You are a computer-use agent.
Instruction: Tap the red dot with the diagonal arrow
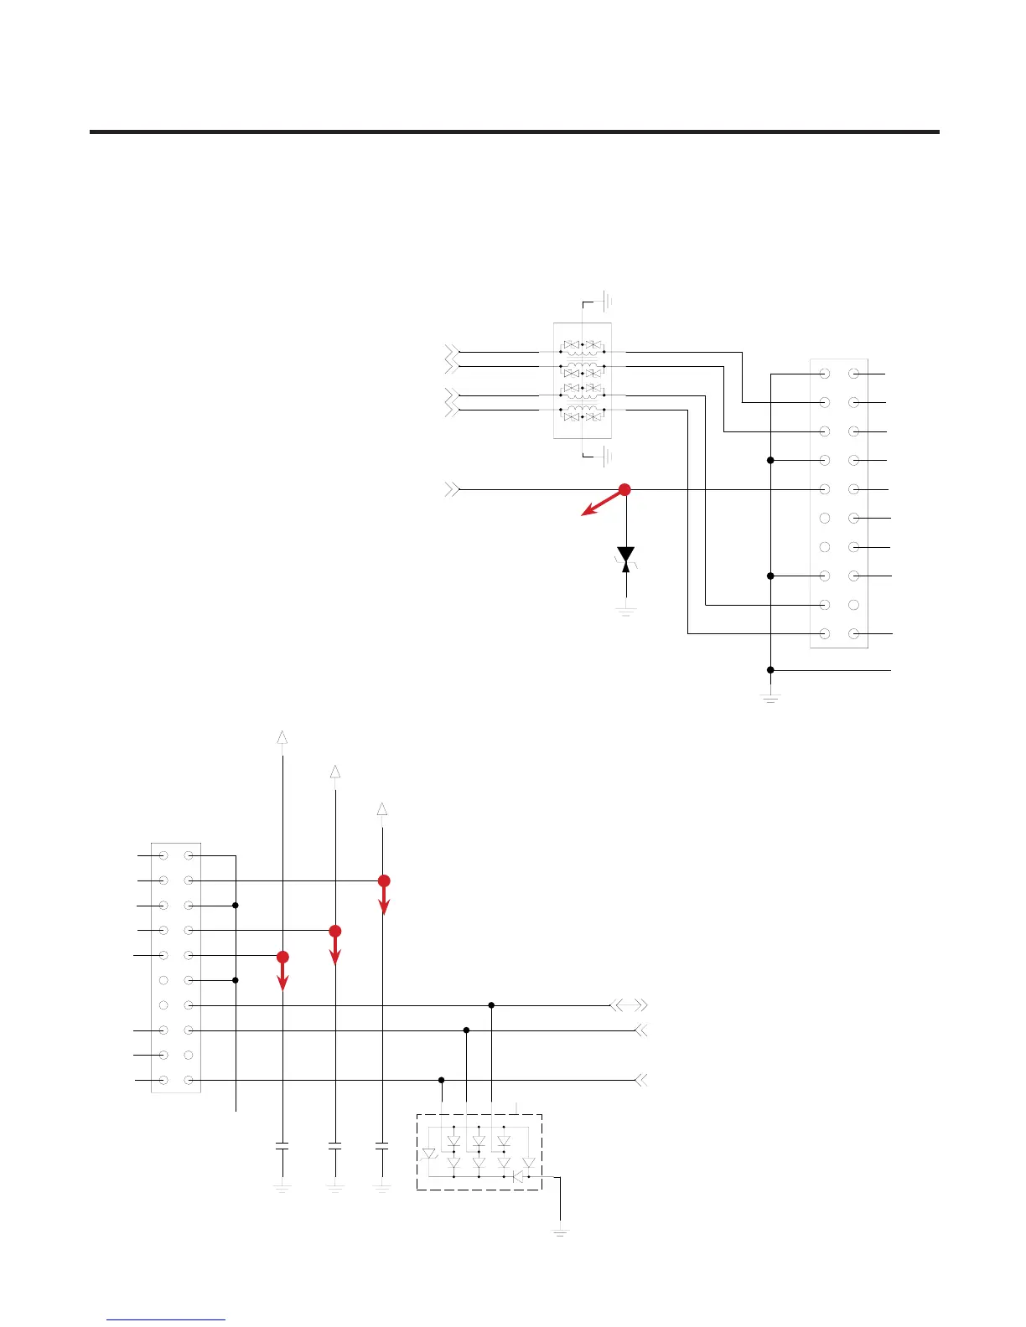tap(624, 490)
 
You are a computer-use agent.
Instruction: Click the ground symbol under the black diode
tap(625, 611)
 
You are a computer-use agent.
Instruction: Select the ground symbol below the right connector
tap(770, 696)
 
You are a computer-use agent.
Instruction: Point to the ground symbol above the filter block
tap(608, 300)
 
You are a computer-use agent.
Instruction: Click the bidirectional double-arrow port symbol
tap(630, 1004)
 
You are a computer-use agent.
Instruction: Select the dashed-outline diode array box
tap(479, 1152)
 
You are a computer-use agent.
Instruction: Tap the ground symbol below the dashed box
tap(561, 1231)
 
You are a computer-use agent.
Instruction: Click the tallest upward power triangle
tap(282, 737)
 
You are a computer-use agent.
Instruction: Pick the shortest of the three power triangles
tap(382, 809)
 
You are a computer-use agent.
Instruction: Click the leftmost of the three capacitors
tap(282, 1145)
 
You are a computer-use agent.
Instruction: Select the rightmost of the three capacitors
tap(382, 1145)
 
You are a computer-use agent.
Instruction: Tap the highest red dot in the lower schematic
tap(384, 880)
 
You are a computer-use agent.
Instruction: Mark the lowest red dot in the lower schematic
tap(282, 957)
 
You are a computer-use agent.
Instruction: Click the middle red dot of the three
tap(335, 931)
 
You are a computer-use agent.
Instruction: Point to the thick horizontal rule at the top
tap(514, 132)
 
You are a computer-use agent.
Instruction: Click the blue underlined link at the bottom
tap(166, 1319)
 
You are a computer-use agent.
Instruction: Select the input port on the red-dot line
tap(452, 489)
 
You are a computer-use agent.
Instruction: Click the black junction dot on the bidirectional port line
tap(492, 1005)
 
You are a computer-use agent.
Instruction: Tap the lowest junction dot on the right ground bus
tap(770, 670)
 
